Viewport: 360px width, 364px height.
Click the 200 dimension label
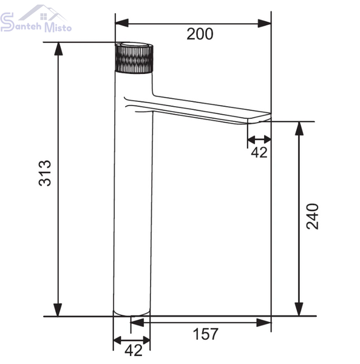pos(200,34)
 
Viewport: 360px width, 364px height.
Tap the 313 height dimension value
pos(44,173)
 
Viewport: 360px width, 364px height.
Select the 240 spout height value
pos(313,217)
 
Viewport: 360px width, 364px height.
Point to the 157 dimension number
pos(206,334)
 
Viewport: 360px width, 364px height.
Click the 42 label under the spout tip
pos(259,152)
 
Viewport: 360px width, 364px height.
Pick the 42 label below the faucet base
pos(134,350)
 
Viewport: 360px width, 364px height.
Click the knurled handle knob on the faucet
pos(134,58)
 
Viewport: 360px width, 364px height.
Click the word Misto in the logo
pos(58,27)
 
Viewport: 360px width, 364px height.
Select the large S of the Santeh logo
pos(7,22)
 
